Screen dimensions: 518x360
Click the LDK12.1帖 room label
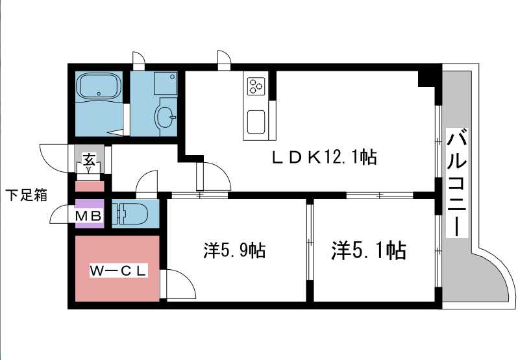pyautogui.click(x=325, y=158)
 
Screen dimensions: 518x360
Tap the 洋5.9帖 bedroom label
pyautogui.click(x=234, y=250)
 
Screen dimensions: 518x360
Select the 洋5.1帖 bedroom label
pyautogui.click(x=369, y=250)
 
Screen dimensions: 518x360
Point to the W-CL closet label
pyautogui.click(x=118, y=271)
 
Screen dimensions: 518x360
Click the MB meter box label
pyautogui.click(x=88, y=216)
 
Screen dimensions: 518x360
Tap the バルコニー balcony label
pyautogui.click(x=457, y=183)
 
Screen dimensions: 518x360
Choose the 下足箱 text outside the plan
pyautogui.click(x=27, y=195)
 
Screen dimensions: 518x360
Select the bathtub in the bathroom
pyautogui.click(x=99, y=86)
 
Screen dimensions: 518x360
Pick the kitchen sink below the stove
pyautogui.click(x=256, y=122)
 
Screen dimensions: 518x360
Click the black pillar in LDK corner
pyautogui.click(x=426, y=78)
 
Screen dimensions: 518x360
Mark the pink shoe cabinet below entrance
pyautogui.click(x=90, y=186)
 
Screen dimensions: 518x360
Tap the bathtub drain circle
pyautogui.click(x=99, y=93)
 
